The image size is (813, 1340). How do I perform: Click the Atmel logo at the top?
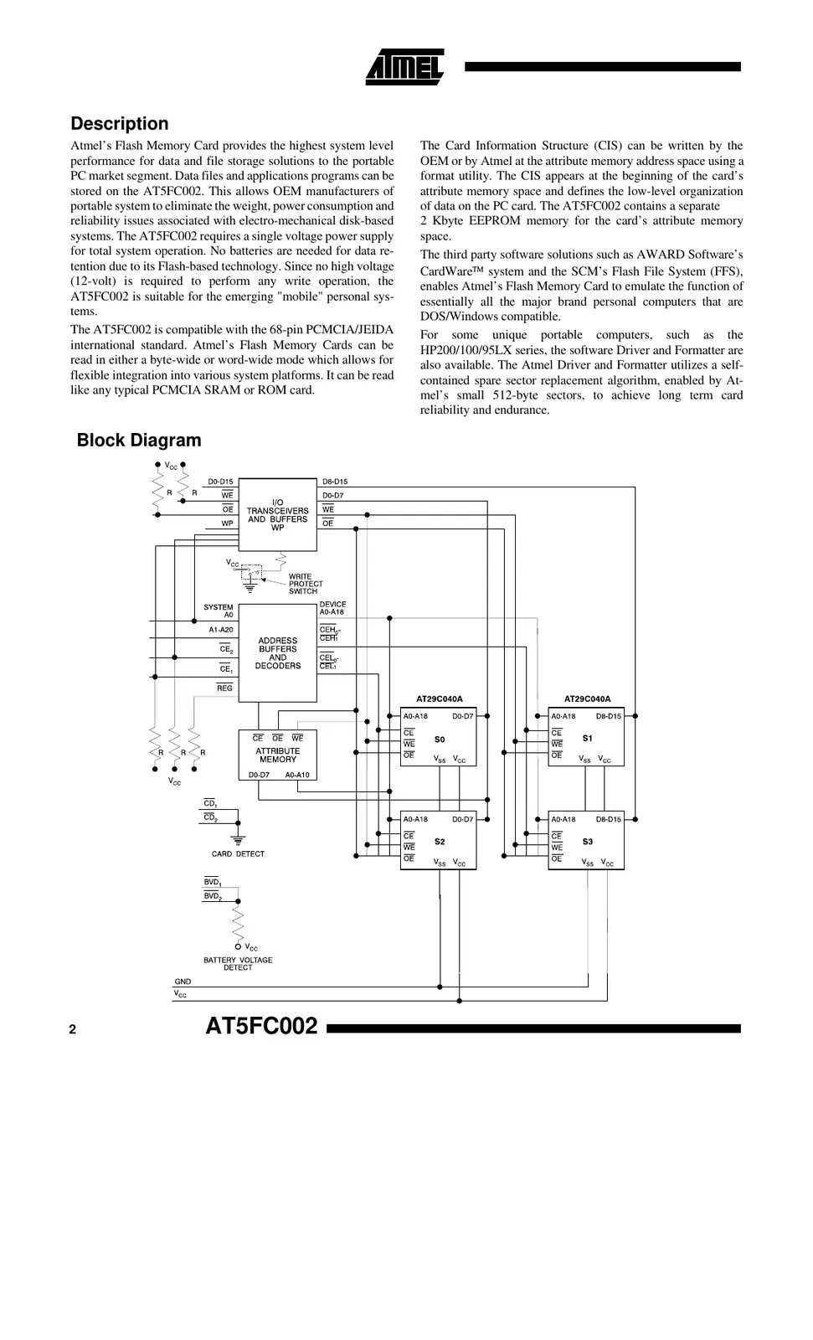(x=404, y=67)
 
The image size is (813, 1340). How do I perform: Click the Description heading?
(x=119, y=124)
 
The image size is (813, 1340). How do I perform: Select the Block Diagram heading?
(x=139, y=441)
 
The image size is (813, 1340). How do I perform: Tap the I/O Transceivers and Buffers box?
(x=277, y=515)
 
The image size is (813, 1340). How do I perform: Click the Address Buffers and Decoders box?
(x=277, y=653)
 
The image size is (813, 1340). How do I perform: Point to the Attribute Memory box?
(x=277, y=755)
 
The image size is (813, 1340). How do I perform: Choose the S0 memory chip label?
(x=440, y=740)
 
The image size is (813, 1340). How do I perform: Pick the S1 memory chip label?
(x=587, y=739)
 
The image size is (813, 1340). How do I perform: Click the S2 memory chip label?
(x=440, y=842)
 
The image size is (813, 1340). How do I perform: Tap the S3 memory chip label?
(x=587, y=842)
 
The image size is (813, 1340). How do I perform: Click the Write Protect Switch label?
(x=305, y=584)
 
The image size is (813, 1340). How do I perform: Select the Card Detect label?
(x=238, y=854)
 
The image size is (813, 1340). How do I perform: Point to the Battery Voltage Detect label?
(x=238, y=964)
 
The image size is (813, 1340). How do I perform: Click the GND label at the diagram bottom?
(x=183, y=982)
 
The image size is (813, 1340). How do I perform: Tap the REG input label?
(x=224, y=688)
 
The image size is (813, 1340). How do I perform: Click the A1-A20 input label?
(x=221, y=630)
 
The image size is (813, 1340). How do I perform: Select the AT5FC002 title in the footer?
(x=261, y=1027)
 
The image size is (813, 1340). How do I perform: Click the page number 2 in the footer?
(x=73, y=1030)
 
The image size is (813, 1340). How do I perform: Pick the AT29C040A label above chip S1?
(x=587, y=699)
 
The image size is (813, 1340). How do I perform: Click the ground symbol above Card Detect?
(x=238, y=838)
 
